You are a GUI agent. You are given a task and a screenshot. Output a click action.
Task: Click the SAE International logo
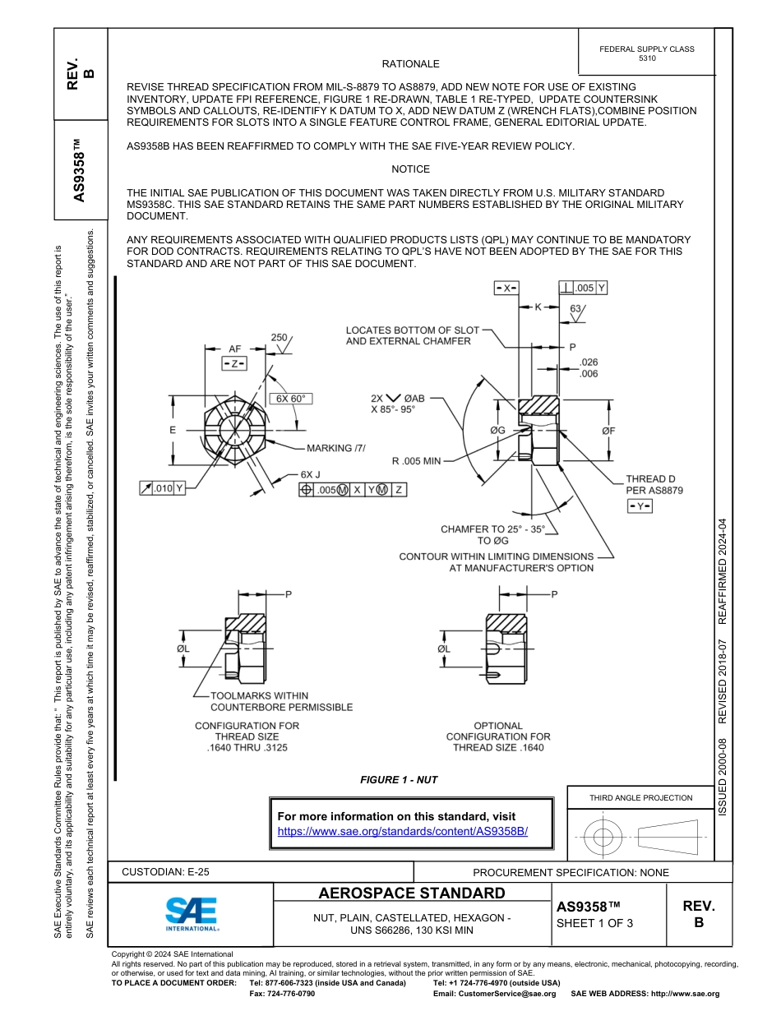(192, 913)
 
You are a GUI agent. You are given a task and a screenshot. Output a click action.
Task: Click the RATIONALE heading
(410, 64)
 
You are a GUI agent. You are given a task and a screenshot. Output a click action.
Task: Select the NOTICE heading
(410, 169)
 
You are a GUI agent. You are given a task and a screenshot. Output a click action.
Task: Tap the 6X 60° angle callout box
(290, 399)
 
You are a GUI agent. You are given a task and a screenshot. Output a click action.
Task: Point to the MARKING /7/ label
(335, 448)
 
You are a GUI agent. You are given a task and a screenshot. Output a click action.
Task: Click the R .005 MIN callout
(416, 460)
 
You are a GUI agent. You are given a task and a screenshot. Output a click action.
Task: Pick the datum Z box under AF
(234, 363)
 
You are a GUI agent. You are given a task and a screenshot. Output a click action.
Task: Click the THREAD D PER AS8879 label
(654, 484)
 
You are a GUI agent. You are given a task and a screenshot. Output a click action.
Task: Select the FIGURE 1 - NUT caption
(399, 779)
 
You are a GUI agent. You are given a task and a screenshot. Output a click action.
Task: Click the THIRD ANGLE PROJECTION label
(640, 797)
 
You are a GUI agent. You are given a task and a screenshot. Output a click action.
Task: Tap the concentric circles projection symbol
(603, 838)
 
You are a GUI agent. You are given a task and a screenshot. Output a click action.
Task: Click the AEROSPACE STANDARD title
(412, 893)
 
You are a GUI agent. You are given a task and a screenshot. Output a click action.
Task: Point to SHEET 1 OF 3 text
(594, 923)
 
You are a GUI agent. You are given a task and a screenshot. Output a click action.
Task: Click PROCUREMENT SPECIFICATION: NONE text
(571, 872)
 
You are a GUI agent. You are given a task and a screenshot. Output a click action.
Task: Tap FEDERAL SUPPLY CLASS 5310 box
(646, 53)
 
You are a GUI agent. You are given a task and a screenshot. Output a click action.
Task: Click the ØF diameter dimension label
(608, 430)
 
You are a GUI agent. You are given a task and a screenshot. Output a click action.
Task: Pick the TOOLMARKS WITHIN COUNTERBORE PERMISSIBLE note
(281, 701)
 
